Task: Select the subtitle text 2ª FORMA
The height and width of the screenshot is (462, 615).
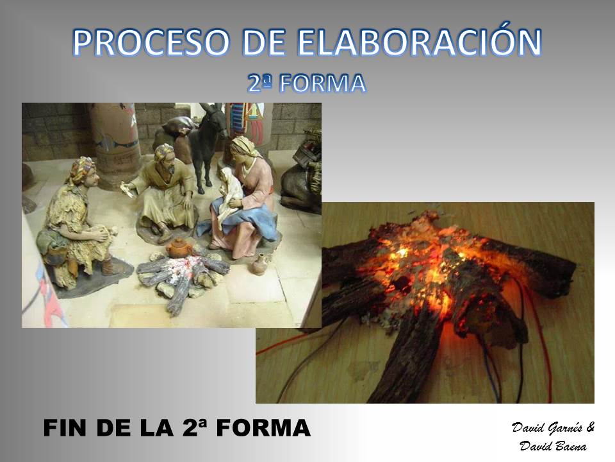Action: pos(307,83)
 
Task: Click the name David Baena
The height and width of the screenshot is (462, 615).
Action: pos(553,447)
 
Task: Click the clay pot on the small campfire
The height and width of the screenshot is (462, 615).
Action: pos(179,248)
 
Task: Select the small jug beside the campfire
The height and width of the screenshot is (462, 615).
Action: pos(259,264)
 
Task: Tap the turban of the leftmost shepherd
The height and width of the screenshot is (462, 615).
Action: pos(82,168)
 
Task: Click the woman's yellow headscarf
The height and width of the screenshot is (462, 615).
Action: pos(244,148)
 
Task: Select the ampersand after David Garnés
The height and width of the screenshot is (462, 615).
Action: pos(590,427)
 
